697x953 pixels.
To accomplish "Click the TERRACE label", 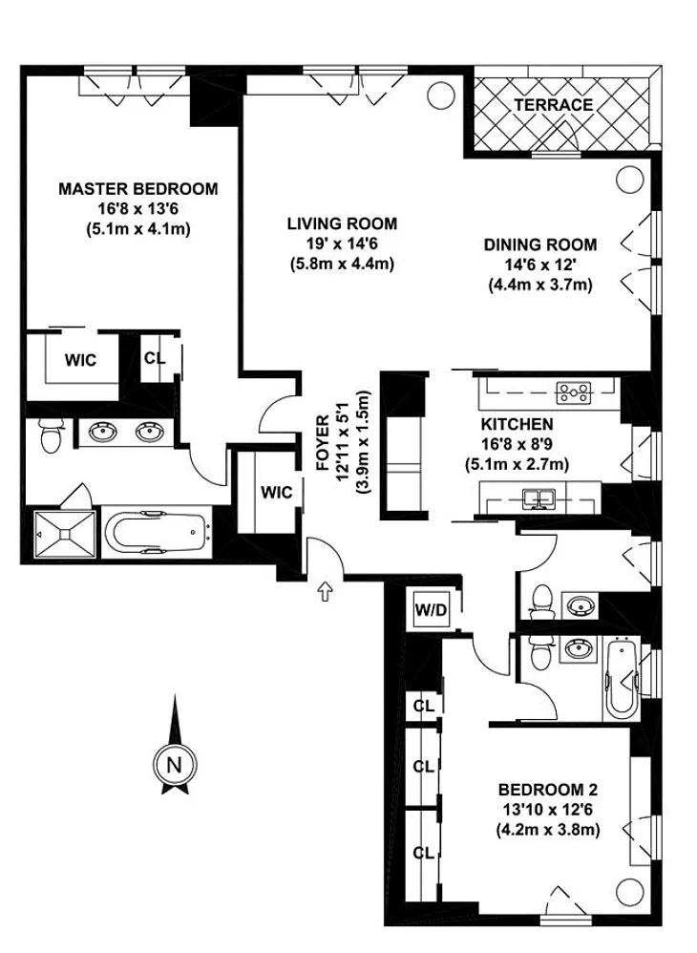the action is [553, 104].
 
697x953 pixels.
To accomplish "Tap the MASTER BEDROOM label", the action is [137, 188].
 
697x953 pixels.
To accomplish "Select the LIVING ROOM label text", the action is [342, 223].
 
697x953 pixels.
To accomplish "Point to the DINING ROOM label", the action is [540, 244].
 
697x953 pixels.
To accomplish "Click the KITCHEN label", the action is [517, 424].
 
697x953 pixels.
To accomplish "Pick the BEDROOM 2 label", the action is [547, 790].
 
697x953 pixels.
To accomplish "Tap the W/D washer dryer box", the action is [431, 608].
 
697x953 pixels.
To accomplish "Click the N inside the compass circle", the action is [175, 765].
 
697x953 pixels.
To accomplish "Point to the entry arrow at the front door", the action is [326, 592].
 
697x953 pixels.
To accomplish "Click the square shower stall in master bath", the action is [65, 534].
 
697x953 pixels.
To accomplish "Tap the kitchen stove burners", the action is [574, 393].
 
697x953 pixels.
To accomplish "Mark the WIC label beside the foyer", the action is [277, 493].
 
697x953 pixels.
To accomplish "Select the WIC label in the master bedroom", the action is [81, 360].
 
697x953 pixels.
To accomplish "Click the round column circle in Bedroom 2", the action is [628, 892].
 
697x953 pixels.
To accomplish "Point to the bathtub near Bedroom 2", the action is [620, 678].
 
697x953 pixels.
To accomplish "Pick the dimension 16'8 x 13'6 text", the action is [137, 209].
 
